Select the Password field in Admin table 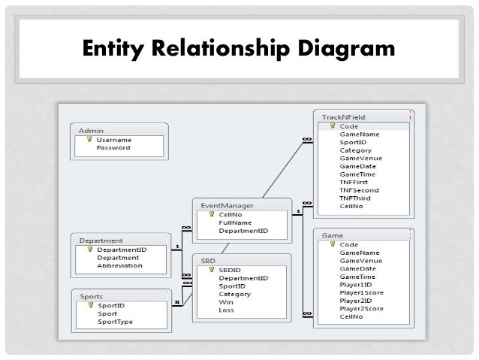point(113,148)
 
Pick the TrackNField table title point(343,118)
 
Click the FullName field point(235,223)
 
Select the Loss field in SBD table point(226,310)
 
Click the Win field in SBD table point(225,301)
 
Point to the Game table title point(333,235)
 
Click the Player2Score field point(361,309)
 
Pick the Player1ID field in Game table point(355,285)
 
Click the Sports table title point(92,296)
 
